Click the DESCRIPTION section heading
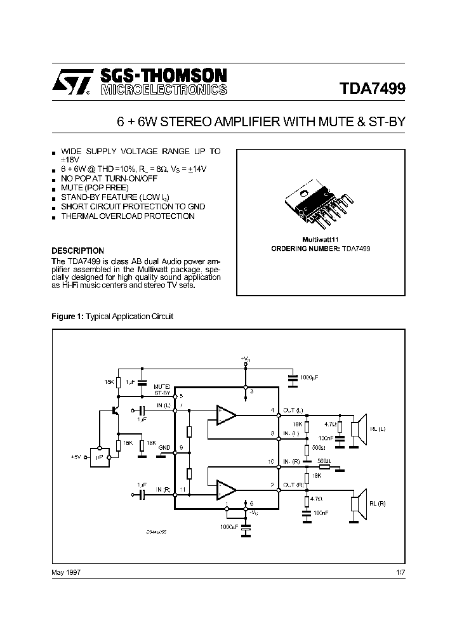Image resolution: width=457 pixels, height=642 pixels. (77, 251)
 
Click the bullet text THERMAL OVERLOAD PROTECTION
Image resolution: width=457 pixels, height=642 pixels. (128, 216)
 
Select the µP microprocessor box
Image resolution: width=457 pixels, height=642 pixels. (100, 456)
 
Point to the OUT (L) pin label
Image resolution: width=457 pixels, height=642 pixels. (293, 410)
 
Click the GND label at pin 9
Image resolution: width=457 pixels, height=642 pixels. (164, 447)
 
